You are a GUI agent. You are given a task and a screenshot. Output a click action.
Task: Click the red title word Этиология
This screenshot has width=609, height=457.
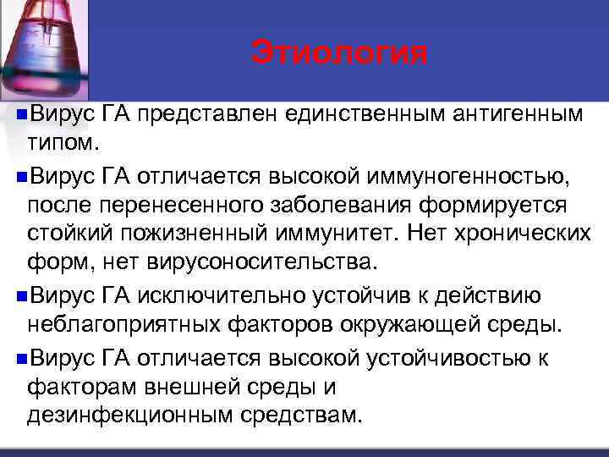(339, 53)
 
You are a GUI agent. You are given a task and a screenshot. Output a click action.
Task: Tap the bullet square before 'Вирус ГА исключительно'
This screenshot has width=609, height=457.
(21, 296)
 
